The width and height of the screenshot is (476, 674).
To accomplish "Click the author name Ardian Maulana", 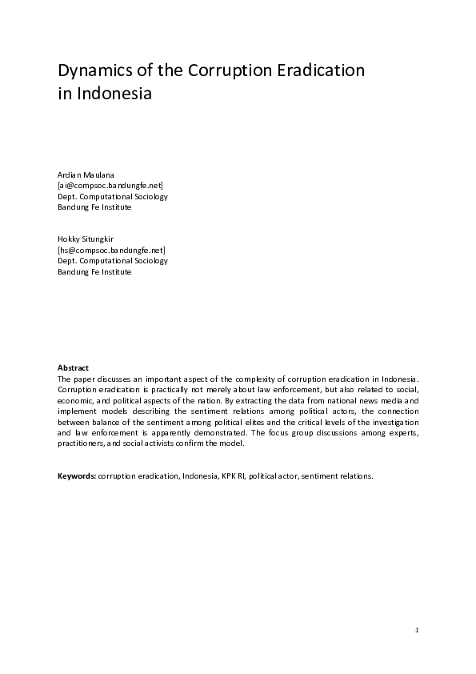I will pos(86,175).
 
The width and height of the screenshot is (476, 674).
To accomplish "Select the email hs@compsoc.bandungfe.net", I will pos(111,250).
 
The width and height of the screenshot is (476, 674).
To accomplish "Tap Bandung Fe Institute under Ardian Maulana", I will pos(94,207).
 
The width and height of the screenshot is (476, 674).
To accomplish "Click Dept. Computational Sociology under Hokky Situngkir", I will pos(113,260).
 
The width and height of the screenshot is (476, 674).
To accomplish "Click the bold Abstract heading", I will pos(73,367).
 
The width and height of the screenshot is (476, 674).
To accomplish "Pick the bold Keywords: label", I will pos(76,475).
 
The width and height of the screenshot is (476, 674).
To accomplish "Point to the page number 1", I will pos(417,631).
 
